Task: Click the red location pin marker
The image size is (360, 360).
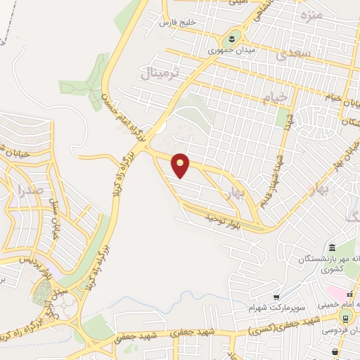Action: point(181,165)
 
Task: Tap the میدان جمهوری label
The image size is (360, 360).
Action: point(231,51)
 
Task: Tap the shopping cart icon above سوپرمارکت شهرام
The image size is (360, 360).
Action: point(277,297)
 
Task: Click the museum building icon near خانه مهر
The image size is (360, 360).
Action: point(331,246)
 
